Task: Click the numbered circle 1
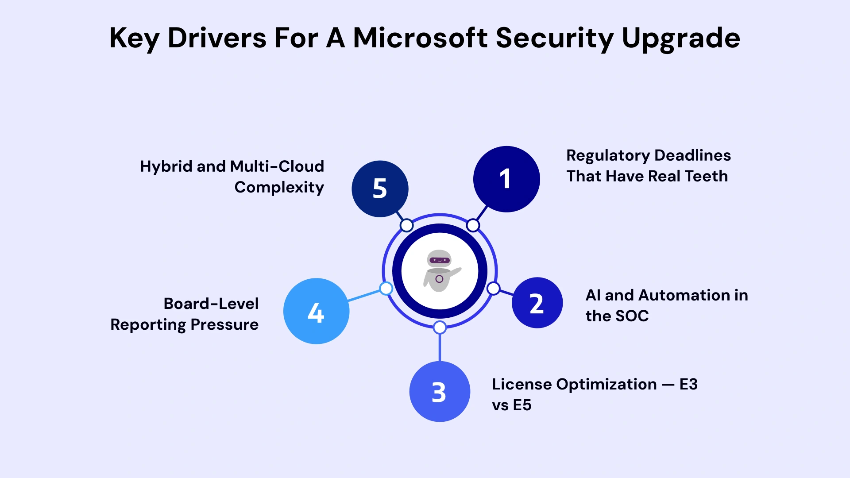[506, 179]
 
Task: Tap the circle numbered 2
[537, 303]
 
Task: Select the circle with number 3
[440, 392]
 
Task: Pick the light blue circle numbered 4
[316, 311]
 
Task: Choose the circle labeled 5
[380, 189]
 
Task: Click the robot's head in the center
[439, 259]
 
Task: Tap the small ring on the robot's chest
[439, 279]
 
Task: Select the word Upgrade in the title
[680, 38]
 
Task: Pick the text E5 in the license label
[522, 405]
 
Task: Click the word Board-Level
[211, 304]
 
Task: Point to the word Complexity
[279, 187]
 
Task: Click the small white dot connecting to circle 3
[440, 328]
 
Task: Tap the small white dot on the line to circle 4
[386, 289]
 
